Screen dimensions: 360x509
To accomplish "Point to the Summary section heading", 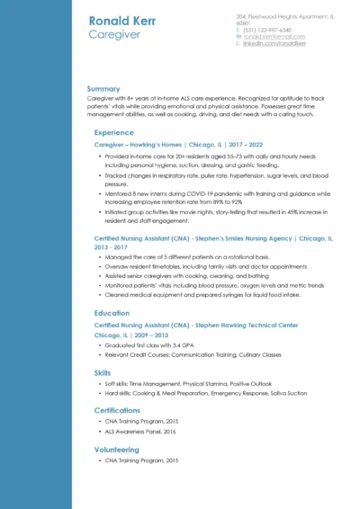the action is point(103,89).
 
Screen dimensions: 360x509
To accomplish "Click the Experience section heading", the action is point(113,132).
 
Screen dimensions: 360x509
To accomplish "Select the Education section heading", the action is point(112,313).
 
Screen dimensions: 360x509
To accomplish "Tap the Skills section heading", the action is point(103,371).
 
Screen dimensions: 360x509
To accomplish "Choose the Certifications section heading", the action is point(117,410).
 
